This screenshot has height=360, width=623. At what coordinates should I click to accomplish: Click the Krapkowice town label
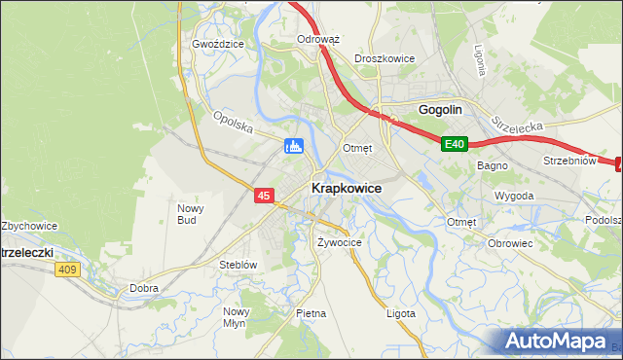click(x=346, y=188)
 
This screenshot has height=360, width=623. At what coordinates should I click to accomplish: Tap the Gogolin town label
click(x=439, y=110)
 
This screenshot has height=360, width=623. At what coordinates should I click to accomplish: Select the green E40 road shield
click(x=455, y=145)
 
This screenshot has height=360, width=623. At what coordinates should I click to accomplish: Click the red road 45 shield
click(x=264, y=196)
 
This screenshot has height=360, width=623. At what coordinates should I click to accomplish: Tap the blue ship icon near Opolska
click(x=294, y=147)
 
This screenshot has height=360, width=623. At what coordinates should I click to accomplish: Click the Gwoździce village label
click(x=217, y=45)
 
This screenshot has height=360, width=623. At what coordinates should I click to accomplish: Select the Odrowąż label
click(x=317, y=40)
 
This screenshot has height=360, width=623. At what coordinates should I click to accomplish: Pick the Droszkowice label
click(x=385, y=58)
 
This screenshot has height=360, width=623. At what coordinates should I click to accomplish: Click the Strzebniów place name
click(x=568, y=161)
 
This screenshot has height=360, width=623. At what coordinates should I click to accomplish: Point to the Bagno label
click(x=492, y=166)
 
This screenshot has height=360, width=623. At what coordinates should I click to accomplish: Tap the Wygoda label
click(x=514, y=196)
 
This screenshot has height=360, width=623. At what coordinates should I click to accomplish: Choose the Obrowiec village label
click(x=511, y=242)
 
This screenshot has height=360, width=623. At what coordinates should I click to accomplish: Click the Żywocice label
click(x=340, y=242)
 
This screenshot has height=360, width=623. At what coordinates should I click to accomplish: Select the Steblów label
click(x=238, y=264)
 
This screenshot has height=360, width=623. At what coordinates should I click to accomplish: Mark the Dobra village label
click(x=144, y=288)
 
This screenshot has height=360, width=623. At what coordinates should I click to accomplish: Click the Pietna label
click(x=311, y=313)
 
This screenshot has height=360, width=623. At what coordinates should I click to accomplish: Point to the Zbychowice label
click(x=29, y=226)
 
